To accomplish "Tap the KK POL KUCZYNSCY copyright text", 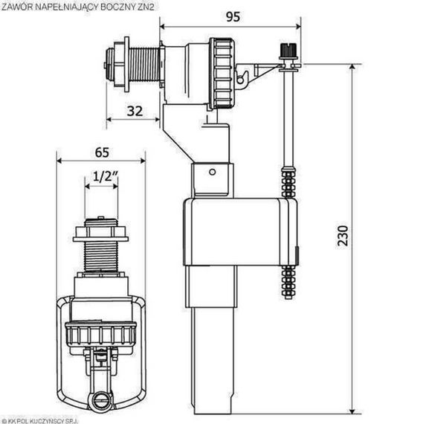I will pyautogui.click(x=45, y=419).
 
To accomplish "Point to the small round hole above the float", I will pyautogui.click(x=212, y=173).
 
